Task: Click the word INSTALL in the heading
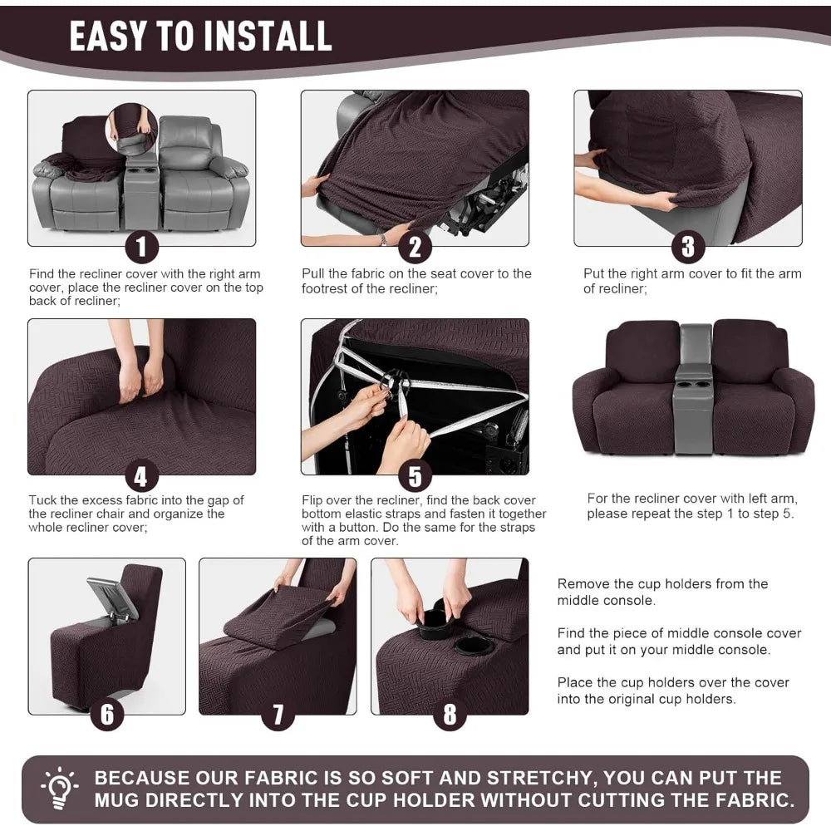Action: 268,36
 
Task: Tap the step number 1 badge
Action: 141,247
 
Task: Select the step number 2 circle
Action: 415,247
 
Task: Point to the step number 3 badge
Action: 688,247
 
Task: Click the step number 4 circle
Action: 141,476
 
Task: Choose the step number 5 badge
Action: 415,476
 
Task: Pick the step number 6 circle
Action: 107,715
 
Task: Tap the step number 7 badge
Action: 278,715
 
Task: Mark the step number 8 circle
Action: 450,715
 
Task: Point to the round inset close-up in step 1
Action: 131,129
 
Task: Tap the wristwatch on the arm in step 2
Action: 383,240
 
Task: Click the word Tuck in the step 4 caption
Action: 42,499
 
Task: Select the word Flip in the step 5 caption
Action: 312,500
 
